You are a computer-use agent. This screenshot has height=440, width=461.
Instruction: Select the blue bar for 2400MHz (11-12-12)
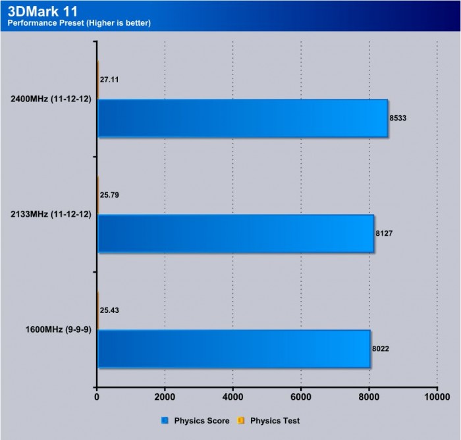pos(242,119)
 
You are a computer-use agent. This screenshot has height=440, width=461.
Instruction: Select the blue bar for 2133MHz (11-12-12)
pos(236,234)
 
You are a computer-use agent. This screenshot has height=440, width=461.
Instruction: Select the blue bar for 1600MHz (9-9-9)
pos(233,348)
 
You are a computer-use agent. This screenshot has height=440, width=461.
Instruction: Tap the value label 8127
pos(384,234)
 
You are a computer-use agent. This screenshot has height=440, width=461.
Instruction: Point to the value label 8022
pos(381,348)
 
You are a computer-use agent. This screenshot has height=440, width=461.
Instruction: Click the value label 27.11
pos(111,80)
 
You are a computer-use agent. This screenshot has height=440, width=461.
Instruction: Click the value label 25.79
pos(111,195)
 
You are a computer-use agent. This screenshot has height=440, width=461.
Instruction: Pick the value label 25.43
pos(111,310)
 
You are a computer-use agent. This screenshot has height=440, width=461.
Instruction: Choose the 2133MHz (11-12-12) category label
pos(51,215)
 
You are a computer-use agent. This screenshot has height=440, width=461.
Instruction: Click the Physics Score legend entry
pos(196,420)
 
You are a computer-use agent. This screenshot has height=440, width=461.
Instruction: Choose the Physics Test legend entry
pos(272,420)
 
